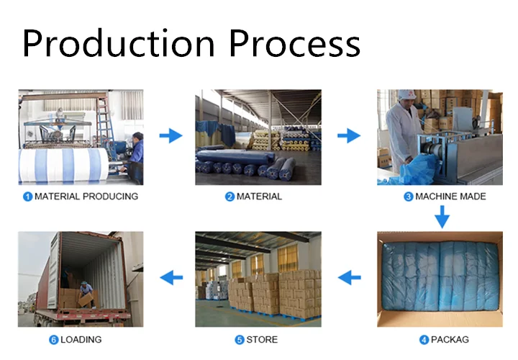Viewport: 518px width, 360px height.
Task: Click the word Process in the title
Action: coord(295,43)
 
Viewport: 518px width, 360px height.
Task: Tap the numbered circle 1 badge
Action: coord(28,196)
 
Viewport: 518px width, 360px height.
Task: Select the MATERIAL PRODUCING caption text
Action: coord(86,196)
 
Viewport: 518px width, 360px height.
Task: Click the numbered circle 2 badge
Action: coord(230,196)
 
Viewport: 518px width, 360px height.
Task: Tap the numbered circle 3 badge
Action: coord(409,196)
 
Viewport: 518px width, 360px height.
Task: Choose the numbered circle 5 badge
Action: coord(239,339)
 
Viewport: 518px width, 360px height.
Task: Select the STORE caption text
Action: coord(263,339)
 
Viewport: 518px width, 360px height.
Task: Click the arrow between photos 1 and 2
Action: coord(171,135)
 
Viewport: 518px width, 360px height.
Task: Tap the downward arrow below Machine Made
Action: coord(441,215)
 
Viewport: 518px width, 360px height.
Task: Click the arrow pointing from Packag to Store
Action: coord(349,276)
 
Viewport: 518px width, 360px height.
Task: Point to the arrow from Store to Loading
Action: coord(171,276)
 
